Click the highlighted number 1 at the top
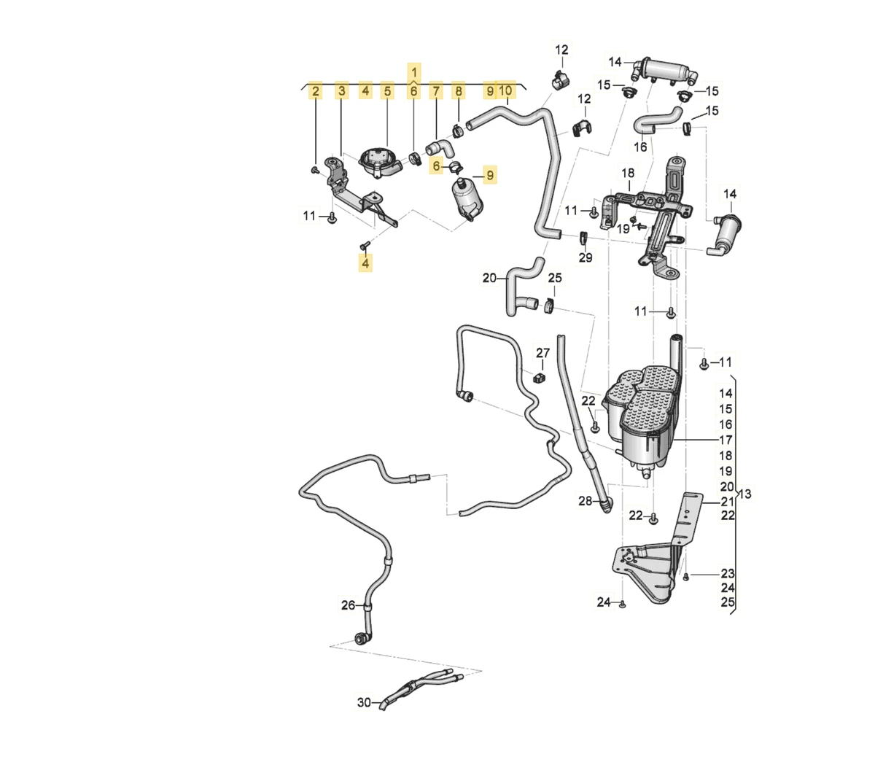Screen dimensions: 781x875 tap(414, 72)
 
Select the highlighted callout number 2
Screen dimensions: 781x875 tap(315, 91)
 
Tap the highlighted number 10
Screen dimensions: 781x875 tap(505, 90)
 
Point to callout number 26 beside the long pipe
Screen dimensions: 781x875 tap(349, 605)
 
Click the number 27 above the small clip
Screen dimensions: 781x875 tap(542, 354)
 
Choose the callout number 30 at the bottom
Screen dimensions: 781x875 tap(364, 702)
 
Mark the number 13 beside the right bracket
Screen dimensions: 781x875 tap(744, 494)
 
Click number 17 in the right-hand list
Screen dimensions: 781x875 tap(726, 440)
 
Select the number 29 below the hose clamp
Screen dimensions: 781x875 tap(586, 257)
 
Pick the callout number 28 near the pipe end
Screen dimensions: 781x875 tap(586, 501)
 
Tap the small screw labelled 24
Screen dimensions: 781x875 tap(622, 605)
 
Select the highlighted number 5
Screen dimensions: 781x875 tap(388, 91)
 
